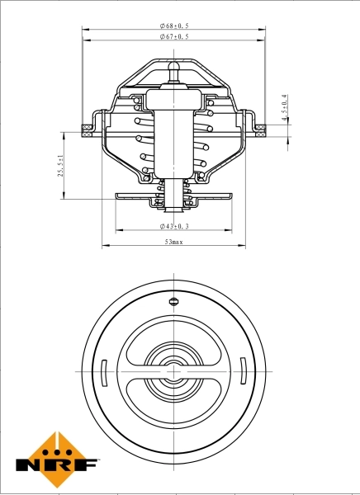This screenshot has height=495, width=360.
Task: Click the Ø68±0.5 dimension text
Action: point(174,26)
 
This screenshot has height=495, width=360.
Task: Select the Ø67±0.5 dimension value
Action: point(174,37)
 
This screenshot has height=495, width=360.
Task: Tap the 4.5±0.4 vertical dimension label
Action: point(285,108)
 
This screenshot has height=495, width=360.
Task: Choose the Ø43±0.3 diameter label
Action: point(174,225)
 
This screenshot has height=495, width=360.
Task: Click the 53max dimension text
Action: point(174,243)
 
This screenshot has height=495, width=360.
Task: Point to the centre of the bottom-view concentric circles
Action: point(173,371)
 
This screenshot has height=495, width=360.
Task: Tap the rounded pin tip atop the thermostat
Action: point(173,64)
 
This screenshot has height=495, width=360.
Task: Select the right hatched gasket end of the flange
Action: point(262,127)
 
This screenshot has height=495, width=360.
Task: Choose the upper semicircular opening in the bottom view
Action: point(173,338)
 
